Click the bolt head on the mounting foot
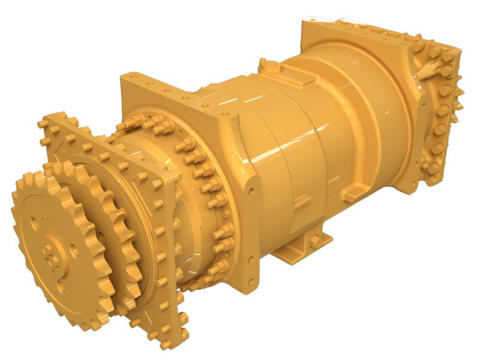[313, 241]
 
